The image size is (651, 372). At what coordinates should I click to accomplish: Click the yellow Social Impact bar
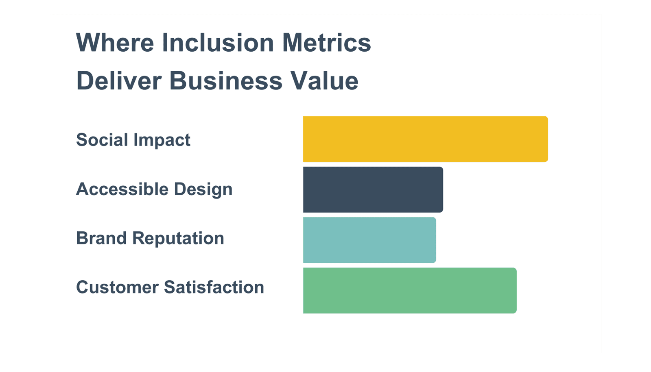point(426,139)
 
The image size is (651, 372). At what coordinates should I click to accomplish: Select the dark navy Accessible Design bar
point(373,189)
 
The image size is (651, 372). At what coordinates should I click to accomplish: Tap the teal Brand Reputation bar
point(370,240)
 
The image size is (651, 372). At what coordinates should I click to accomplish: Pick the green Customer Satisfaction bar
point(410,291)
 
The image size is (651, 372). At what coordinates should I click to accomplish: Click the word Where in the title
point(115,43)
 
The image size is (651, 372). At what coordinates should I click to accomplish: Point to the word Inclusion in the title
point(218,43)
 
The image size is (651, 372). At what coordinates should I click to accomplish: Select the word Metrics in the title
point(327,43)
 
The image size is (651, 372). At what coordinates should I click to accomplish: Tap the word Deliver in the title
point(119,80)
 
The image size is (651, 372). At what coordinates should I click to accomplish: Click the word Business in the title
point(226,80)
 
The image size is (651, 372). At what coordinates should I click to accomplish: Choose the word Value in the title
point(325,80)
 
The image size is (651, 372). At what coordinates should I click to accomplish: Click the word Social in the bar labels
point(102,140)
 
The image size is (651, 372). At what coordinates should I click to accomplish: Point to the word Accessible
point(122,189)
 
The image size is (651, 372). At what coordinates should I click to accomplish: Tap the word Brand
point(101,238)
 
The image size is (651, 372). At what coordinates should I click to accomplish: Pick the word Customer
point(118,287)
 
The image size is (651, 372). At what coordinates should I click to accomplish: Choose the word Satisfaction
point(214,287)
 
